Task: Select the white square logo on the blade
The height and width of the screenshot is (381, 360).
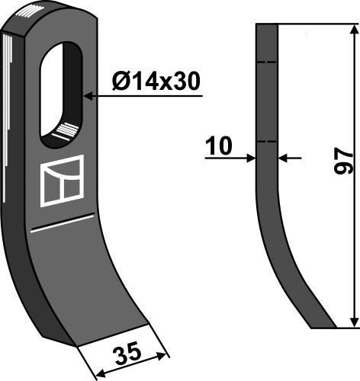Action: [x=60, y=181]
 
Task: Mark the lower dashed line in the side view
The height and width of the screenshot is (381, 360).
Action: [x=266, y=142]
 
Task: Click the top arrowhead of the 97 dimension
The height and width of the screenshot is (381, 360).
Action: [x=353, y=29]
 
